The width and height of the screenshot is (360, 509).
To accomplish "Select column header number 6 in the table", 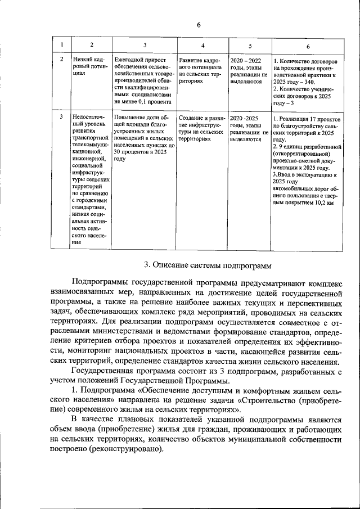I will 307,46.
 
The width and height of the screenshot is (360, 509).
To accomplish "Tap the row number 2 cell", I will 61,59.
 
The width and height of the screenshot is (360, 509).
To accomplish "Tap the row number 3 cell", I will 61,118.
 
